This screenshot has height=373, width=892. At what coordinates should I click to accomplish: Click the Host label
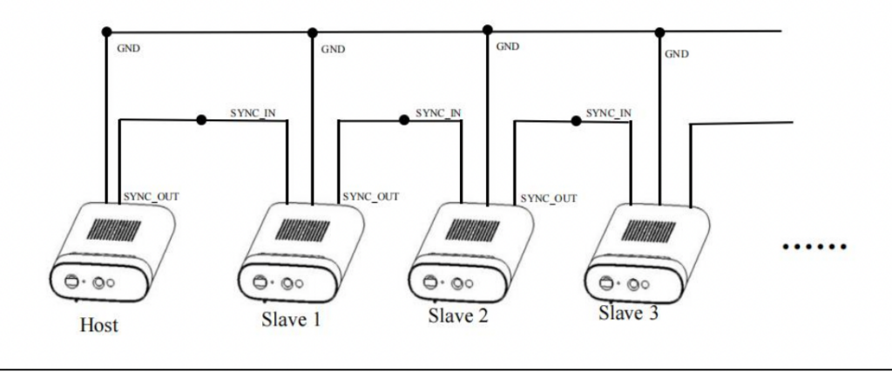click(98, 325)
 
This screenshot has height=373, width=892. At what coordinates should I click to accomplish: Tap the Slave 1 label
click(291, 319)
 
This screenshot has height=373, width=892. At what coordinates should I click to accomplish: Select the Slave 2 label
click(458, 315)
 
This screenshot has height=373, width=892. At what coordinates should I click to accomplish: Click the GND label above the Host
click(128, 48)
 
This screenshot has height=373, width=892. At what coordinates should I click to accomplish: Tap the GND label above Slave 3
click(676, 54)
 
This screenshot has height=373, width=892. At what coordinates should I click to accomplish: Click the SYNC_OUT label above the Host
click(152, 197)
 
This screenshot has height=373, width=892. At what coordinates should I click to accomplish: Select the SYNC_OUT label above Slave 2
click(549, 199)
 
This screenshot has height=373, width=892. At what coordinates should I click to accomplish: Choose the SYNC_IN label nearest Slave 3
click(609, 113)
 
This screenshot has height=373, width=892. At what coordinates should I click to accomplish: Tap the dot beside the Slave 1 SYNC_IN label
click(201, 120)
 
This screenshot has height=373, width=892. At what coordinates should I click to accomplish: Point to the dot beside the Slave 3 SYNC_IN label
click(576, 119)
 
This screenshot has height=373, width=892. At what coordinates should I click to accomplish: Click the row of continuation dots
click(814, 248)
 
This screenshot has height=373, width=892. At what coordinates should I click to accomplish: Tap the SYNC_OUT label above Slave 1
click(370, 197)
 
